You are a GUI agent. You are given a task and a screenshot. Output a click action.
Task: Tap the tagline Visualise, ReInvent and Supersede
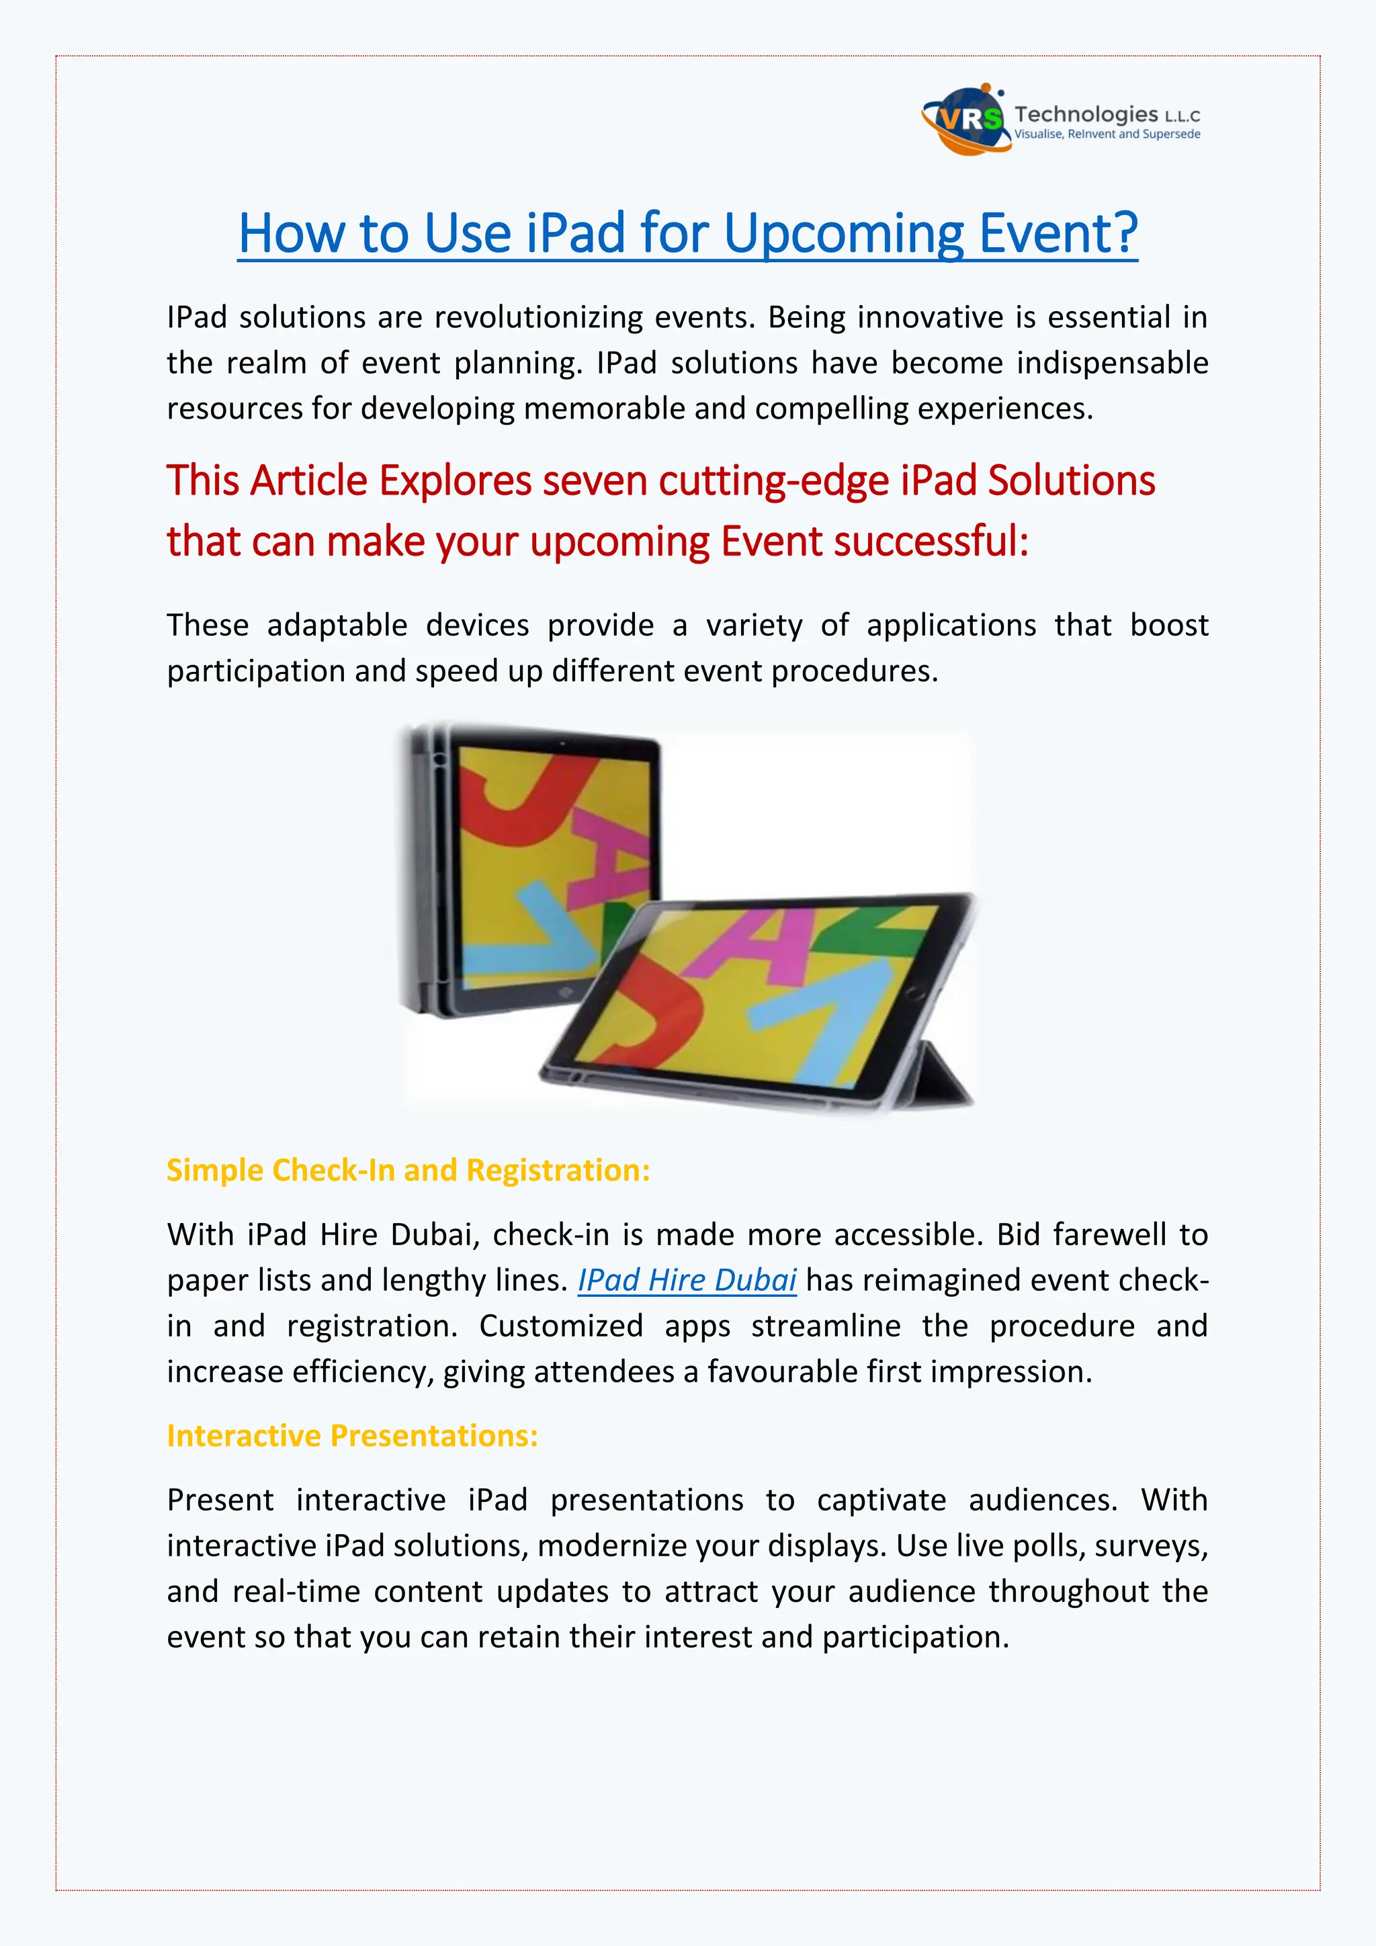pos(1107,135)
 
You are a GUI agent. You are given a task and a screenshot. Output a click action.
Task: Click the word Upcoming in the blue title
pos(844,233)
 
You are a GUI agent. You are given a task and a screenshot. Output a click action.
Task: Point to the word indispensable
pos(1112,363)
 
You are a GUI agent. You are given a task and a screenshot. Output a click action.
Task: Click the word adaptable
pos(337,626)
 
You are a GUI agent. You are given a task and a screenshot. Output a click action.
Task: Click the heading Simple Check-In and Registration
pos(408,1171)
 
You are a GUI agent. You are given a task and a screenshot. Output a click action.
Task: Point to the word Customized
pos(560,1326)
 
